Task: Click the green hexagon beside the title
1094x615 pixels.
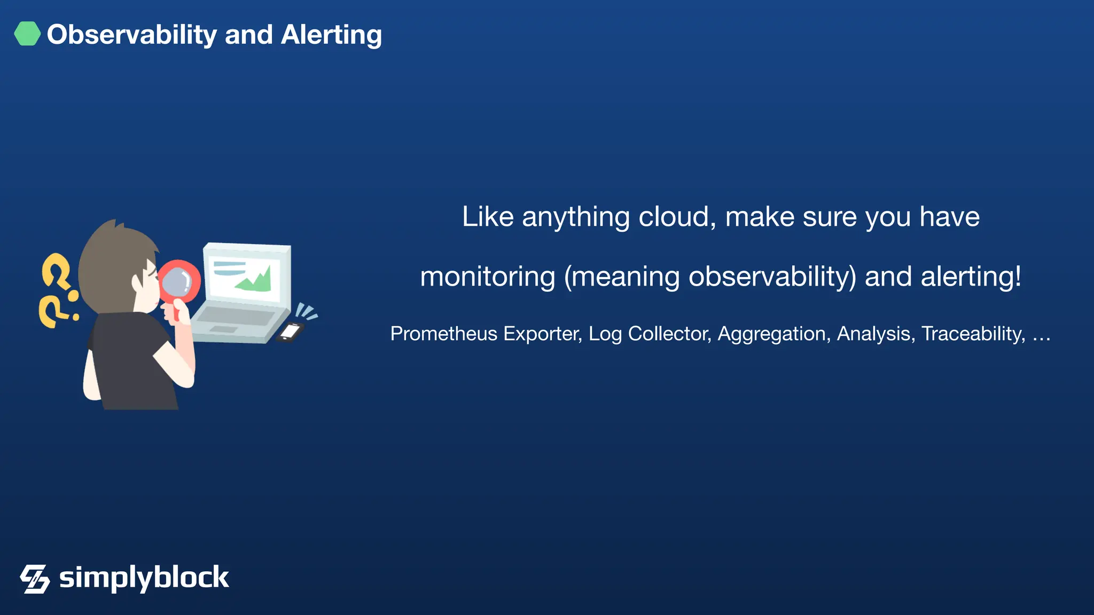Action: (x=27, y=34)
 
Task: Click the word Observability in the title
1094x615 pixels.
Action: (x=131, y=35)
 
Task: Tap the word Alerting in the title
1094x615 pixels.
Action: (x=331, y=35)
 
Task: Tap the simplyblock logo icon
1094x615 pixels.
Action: (x=35, y=579)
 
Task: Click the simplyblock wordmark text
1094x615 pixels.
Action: (x=144, y=578)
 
